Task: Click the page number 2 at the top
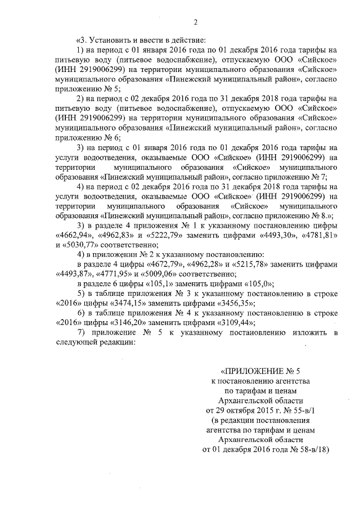(196, 22)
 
